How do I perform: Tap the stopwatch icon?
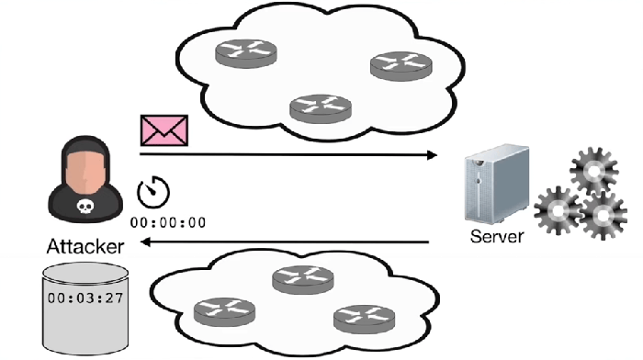pos(153,192)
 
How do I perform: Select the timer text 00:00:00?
pos(168,222)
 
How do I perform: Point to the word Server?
pos(496,236)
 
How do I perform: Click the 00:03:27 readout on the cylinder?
pos(85,298)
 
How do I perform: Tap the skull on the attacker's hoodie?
pos(85,208)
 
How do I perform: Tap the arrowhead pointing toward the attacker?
pos(143,243)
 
